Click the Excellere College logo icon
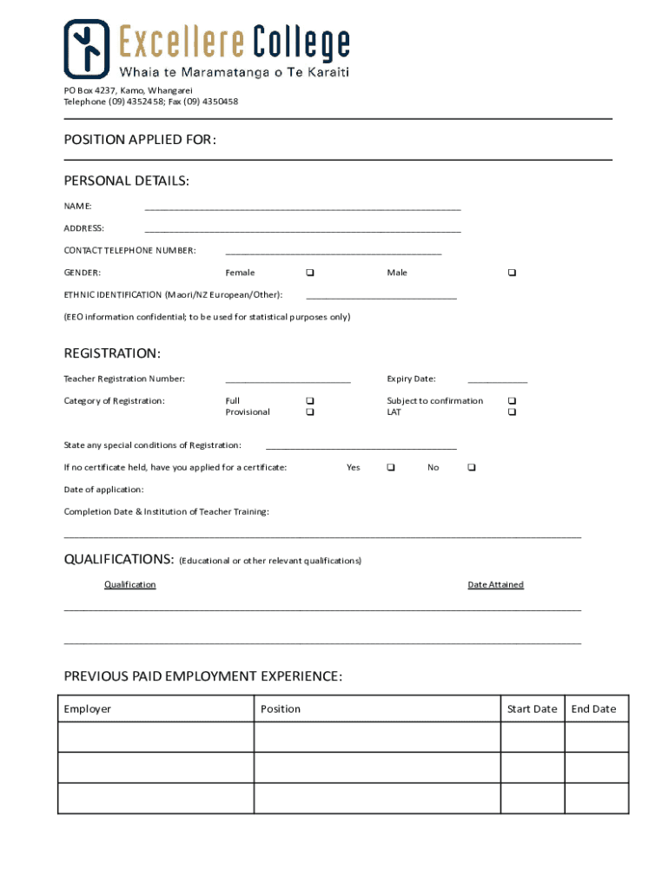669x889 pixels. pyautogui.click(x=86, y=49)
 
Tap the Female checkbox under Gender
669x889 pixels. pyautogui.click(x=310, y=273)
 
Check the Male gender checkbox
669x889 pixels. pyautogui.click(x=512, y=273)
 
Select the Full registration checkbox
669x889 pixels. pyautogui.click(x=310, y=400)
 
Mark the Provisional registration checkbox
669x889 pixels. pyautogui.click(x=310, y=412)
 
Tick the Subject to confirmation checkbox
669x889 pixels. pyautogui.click(x=512, y=400)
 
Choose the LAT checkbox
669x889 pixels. pyautogui.click(x=512, y=412)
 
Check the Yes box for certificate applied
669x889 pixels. pyautogui.click(x=390, y=467)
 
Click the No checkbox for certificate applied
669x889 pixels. pyautogui.click(x=471, y=467)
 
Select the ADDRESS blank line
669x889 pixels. pyautogui.click(x=302, y=229)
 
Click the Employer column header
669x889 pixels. pyautogui.click(x=88, y=709)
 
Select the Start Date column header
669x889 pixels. pyautogui.click(x=532, y=709)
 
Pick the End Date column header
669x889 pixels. pyautogui.click(x=593, y=709)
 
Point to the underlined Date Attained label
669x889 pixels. pyautogui.click(x=495, y=584)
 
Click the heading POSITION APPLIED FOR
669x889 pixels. pyautogui.click(x=140, y=140)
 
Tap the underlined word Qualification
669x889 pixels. pyautogui.click(x=129, y=584)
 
